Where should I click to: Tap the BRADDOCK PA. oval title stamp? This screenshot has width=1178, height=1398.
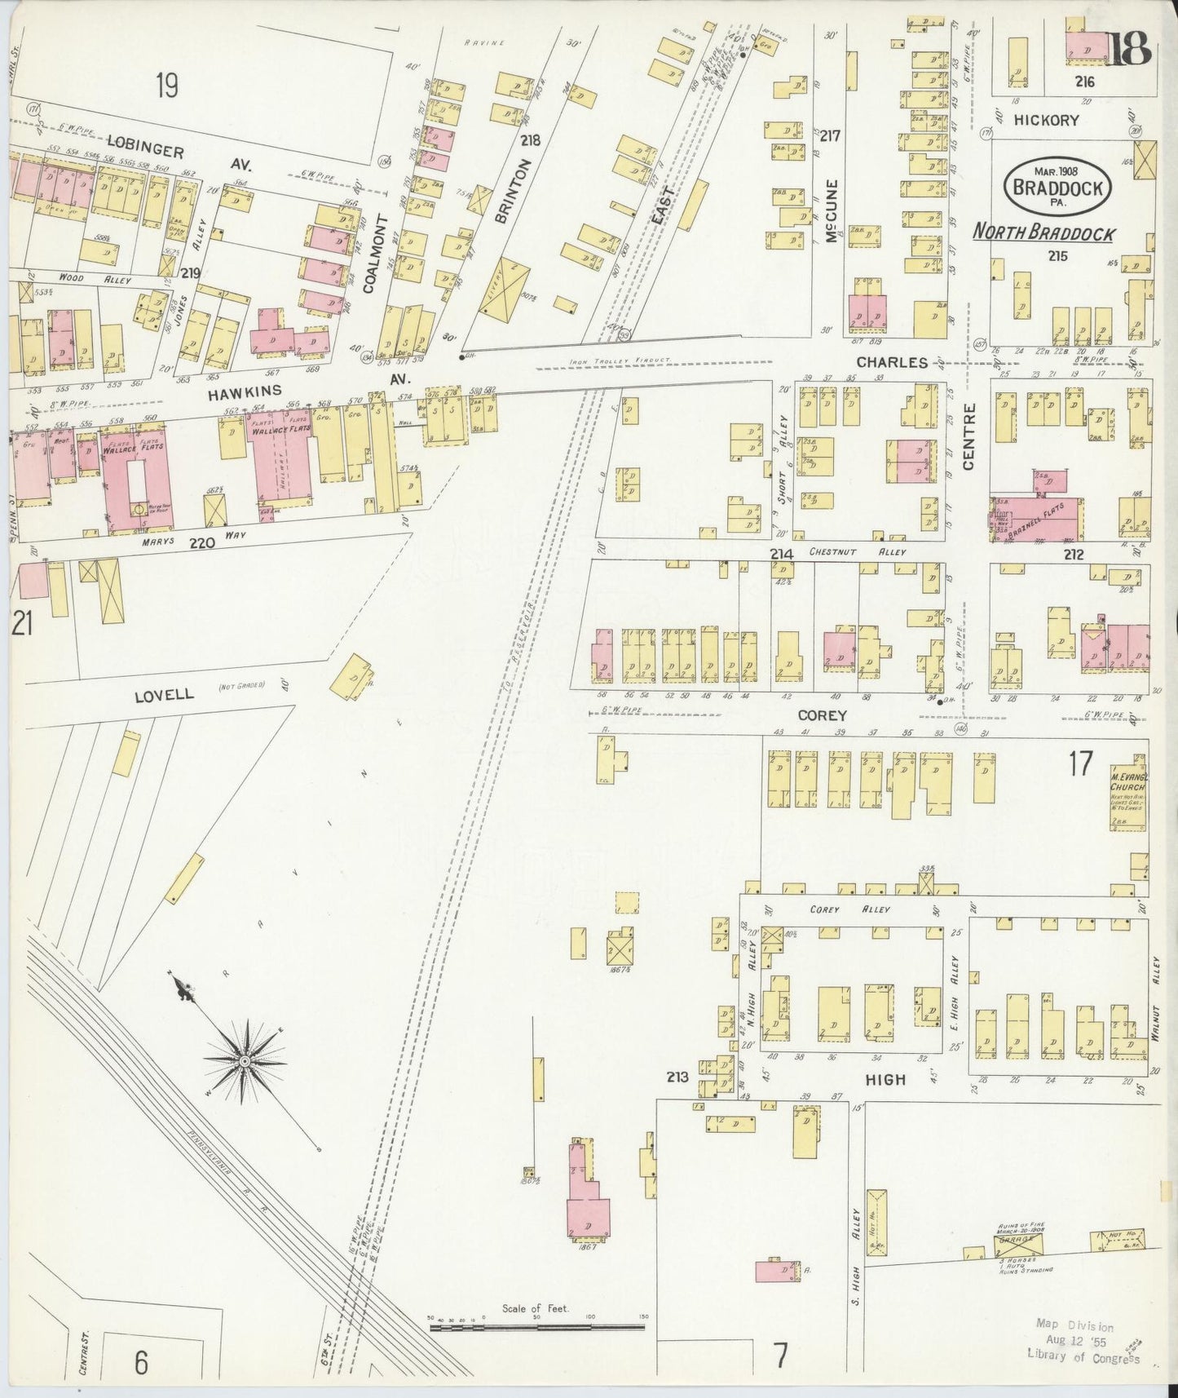tap(1058, 187)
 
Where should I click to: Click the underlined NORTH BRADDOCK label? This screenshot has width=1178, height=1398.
tap(1044, 233)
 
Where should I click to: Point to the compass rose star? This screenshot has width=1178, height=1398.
tap(244, 1060)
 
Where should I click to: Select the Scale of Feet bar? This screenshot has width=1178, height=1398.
tap(536, 1328)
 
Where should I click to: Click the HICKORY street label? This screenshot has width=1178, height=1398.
tap(1046, 120)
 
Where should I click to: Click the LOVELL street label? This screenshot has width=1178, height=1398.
tap(165, 694)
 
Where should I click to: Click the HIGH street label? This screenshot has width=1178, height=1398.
tap(885, 1079)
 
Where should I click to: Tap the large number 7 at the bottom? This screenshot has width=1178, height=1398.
tap(780, 1356)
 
